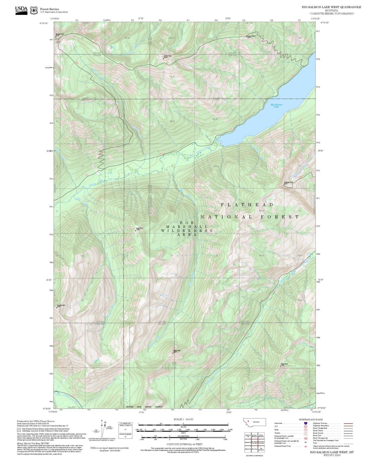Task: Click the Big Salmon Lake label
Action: click(276, 105)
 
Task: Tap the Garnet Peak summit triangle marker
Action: click(163, 58)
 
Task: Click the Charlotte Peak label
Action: click(289, 182)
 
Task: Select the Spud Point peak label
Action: click(139, 228)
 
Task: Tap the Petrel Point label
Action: click(177, 351)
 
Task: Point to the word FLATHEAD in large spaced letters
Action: click(247, 205)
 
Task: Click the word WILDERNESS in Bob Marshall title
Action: click(187, 231)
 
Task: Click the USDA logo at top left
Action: click(21, 10)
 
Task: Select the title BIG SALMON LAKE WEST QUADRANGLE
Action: click(331, 7)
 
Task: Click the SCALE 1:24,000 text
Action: click(183, 419)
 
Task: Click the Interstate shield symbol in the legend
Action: click(305, 423)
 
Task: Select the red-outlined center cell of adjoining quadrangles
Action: click(254, 442)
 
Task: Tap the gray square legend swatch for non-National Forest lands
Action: click(19, 430)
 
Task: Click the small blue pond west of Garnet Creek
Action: click(112, 47)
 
